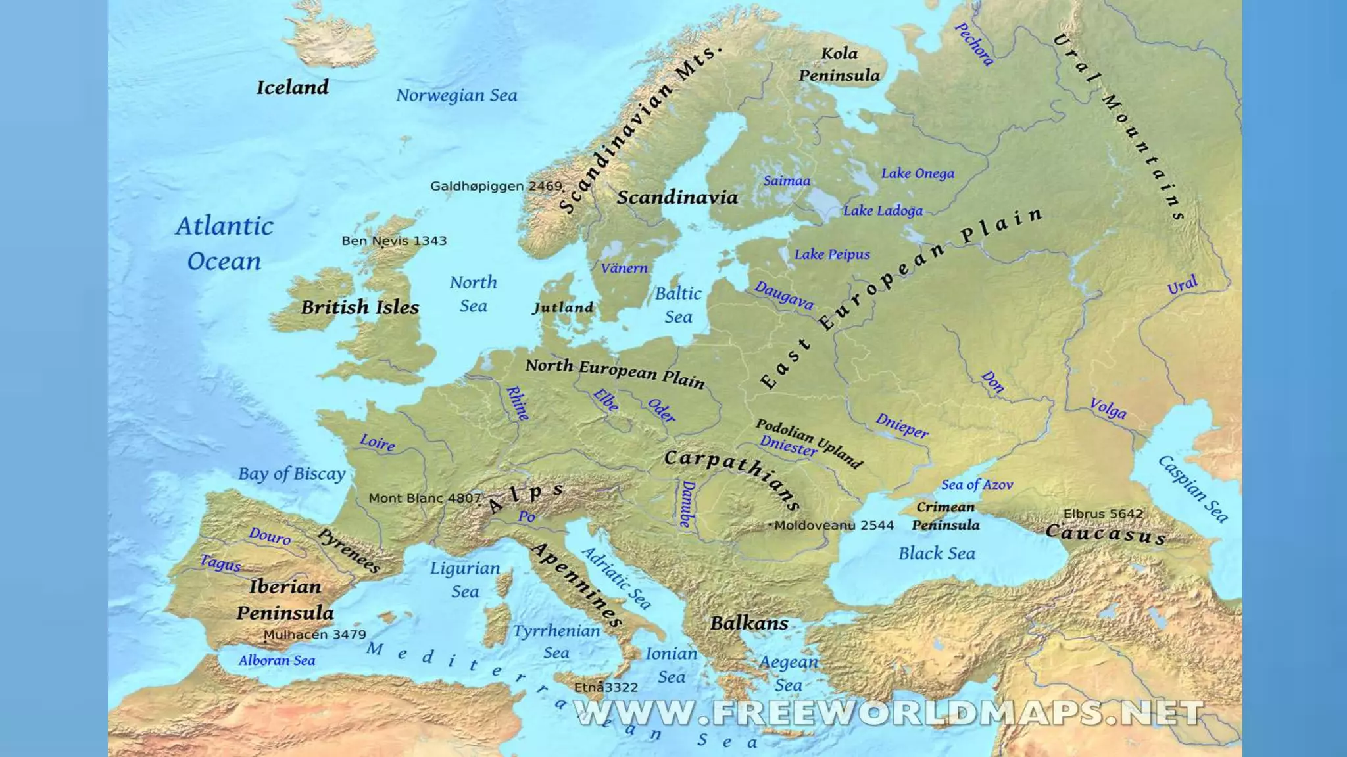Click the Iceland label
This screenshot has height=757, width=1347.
293,87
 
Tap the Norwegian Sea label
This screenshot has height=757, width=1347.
456,96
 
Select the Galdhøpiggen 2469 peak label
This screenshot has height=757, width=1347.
496,187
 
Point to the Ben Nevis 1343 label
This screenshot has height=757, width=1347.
394,241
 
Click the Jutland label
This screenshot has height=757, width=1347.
563,308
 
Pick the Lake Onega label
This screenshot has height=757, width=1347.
918,173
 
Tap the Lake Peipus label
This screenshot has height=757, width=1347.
832,254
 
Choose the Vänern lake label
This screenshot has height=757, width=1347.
624,268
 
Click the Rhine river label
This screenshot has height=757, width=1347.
518,403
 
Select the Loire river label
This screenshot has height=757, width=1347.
378,442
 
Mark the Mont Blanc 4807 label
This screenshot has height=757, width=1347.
425,499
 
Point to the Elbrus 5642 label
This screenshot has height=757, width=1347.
1103,514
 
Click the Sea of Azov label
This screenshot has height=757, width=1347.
977,485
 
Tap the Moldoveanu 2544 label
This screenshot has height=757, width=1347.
833,526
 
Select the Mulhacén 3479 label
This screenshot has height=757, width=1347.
314,635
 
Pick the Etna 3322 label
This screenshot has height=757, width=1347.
606,688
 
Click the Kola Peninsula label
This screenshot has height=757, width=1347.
839,64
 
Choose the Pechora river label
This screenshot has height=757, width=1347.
974,45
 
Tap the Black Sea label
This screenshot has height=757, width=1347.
937,554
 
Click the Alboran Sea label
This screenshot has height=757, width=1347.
277,661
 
